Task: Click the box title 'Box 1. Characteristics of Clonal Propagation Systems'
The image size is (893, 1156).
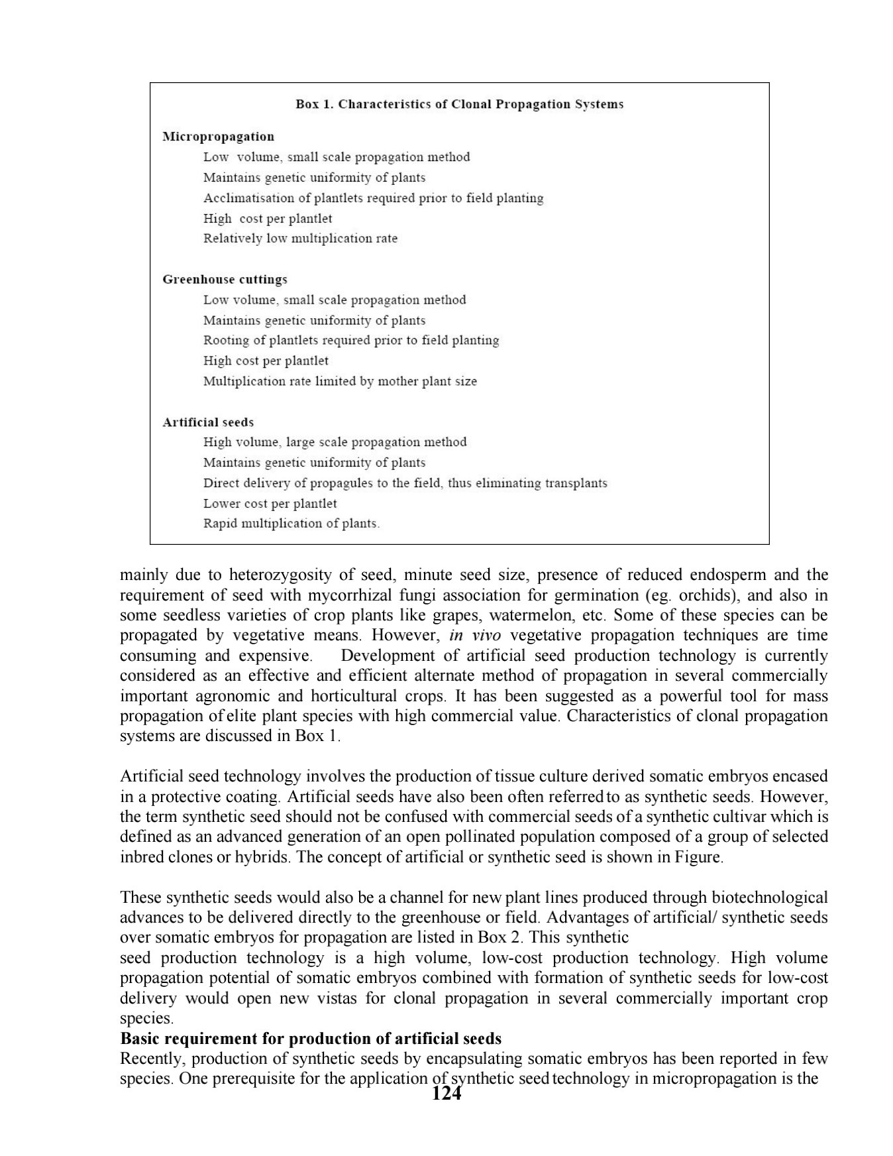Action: click(459, 104)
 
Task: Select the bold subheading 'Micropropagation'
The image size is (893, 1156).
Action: click(218, 137)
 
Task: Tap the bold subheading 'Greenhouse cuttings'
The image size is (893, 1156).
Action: click(225, 279)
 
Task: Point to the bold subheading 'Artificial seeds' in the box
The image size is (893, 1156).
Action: click(208, 422)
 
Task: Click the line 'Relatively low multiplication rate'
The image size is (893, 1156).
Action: click(300, 238)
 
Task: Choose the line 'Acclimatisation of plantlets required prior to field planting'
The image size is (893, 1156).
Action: click(373, 198)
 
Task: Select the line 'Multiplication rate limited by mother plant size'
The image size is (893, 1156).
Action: click(340, 381)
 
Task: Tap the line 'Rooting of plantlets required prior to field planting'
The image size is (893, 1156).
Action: click(351, 340)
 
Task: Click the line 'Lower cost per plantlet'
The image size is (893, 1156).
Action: click(270, 503)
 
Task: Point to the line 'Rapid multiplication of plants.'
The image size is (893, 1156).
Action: click(291, 523)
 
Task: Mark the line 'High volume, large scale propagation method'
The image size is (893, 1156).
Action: click(335, 442)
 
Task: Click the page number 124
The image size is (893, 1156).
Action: click(446, 1094)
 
